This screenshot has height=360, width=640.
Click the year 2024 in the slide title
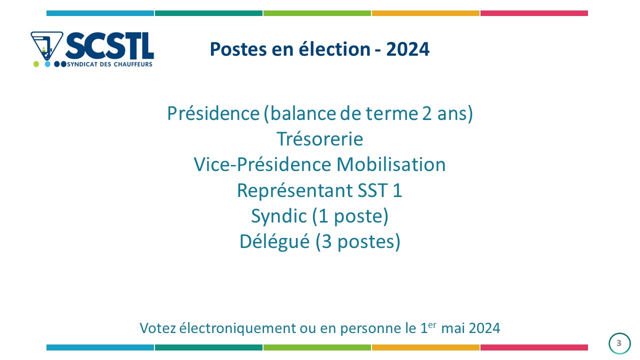coord(407,49)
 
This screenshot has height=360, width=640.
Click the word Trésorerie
coord(320,139)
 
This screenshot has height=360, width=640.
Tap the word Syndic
coord(279,216)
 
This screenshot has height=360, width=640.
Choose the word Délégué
coord(274,241)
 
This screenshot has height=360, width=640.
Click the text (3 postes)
coord(358,242)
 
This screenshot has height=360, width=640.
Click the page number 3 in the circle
coord(619,343)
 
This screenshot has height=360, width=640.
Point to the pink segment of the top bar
coord(534,13)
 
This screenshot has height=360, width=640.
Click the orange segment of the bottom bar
coord(425,347)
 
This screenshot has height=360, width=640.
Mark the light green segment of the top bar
coord(317,13)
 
